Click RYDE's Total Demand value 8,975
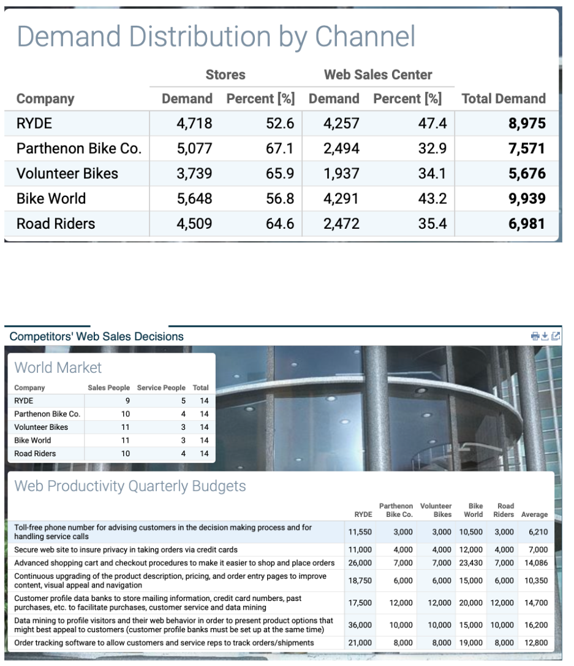(526, 123)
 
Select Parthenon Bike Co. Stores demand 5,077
(194, 148)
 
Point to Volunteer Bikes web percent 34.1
(432, 174)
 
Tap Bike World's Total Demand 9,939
(526, 199)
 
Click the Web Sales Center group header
(378, 75)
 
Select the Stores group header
(225, 75)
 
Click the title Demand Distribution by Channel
(216, 36)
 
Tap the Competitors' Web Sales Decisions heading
(96, 336)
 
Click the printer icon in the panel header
(535, 336)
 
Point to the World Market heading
(58, 367)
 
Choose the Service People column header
(161, 388)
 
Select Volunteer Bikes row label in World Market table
(41, 427)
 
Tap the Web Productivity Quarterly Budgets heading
(130, 486)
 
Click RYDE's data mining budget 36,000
(360, 625)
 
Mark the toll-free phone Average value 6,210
(537, 532)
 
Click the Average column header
(534, 515)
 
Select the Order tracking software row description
(164, 643)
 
